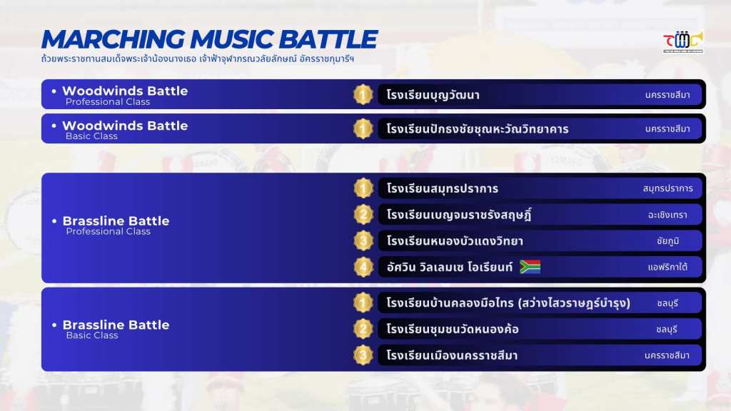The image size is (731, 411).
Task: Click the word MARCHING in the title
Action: pyautogui.click(x=113, y=39)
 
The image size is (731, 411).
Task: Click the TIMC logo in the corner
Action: pyautogui.click(x=683, y=42)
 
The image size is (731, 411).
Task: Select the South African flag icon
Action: pyautogui.click(x=530, y=267)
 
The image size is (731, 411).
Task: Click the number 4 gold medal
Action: pyautogui.click(x=363, y=267)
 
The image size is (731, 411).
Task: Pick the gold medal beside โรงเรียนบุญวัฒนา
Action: pyautogui.click(x=363, y=95)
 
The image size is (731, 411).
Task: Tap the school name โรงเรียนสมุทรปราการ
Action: pyautogui.click(x=443, y=188)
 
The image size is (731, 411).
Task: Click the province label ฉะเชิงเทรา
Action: pyautogui.click(x=667, y=215)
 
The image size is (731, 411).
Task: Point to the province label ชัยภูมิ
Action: pyautogui.click(x=667, y=241)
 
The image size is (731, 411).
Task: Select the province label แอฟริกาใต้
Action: pyautogui.click(x=667, y=267)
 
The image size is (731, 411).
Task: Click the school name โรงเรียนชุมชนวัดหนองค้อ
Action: pyautogui.click(x=453, y=330)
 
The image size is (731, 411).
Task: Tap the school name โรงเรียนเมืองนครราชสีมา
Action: pyautogui.click(x=452, y=355)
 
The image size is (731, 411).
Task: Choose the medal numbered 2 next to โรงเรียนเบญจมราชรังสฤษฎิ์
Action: pyautogui.click(x=363, y=215)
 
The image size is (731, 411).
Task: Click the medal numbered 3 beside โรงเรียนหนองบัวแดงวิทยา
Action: pyautogui.click(x=363, y=241)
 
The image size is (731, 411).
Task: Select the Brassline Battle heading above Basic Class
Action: pyautogui.click(x=116, y=325)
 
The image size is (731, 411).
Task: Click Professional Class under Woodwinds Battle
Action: pyautogui.click(x=108, y=101)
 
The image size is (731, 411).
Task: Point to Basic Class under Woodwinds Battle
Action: pyautogui.click(x=91, y=136)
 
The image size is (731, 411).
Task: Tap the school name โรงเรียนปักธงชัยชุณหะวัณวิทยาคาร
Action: pyautogui.click(x=478, y=129)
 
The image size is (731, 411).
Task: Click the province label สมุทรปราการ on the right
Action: pyautogui.click(x=667, y=188)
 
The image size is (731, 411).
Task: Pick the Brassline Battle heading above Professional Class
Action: pyautogui.click(x=116, y=221)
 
